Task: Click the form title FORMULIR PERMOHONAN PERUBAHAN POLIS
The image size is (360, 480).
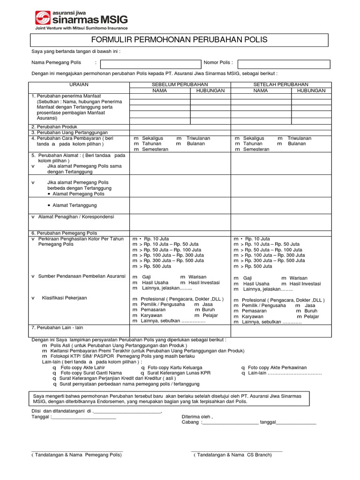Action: click(180, 40)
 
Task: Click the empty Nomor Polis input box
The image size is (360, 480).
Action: click(284, 64)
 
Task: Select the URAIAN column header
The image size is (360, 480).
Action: click(79, 84)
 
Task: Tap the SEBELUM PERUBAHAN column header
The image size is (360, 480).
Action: click(180, 84)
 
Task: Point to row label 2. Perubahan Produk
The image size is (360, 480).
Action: click(54, 127)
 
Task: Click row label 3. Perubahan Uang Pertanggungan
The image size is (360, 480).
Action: click(69, 133)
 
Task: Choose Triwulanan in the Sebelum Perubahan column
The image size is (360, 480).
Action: click(198, 138)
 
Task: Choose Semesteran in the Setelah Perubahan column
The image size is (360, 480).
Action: click(256, 150)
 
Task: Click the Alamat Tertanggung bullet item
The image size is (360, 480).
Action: click(75, 205)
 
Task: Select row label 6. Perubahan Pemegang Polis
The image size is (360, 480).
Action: click(64, 233)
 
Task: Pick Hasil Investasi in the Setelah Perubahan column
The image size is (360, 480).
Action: click(305, 284)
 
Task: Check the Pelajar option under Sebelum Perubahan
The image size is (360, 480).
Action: click(210, 315)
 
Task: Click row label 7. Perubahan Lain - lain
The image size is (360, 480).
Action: click(57, 327)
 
